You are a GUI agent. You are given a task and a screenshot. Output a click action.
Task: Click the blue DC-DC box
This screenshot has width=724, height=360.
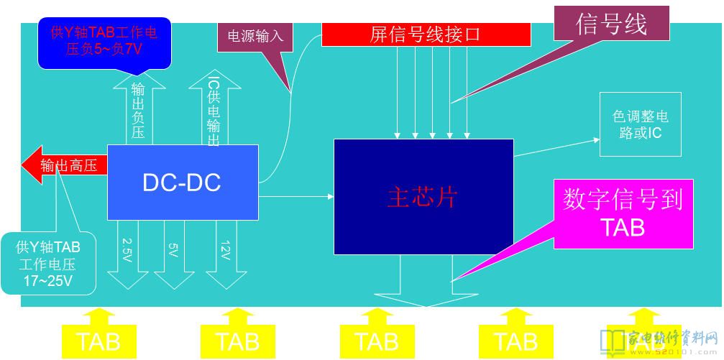point(182,182)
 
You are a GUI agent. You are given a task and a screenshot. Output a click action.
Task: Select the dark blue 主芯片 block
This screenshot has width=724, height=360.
point(423,196)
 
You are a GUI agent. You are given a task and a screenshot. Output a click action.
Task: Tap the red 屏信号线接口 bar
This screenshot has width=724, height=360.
point(426,34)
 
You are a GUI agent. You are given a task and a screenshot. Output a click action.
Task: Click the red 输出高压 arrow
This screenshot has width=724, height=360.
point(65,165)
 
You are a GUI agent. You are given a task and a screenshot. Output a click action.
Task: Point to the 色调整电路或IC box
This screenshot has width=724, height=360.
point(640,124)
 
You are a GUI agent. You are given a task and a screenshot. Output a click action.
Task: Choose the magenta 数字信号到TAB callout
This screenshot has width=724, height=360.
point(623,213)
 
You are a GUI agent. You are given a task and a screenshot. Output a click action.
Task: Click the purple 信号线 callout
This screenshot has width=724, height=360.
point(611,24)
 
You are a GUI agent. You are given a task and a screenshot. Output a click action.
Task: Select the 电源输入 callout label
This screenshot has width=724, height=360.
point(255,36)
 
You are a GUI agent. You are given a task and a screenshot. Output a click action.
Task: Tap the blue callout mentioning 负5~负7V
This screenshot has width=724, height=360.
point(104,42)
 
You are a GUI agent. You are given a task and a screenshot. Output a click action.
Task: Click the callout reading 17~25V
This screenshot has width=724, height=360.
point(48,264)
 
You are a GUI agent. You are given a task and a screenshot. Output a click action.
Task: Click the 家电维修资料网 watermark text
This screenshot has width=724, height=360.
point(673,337)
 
